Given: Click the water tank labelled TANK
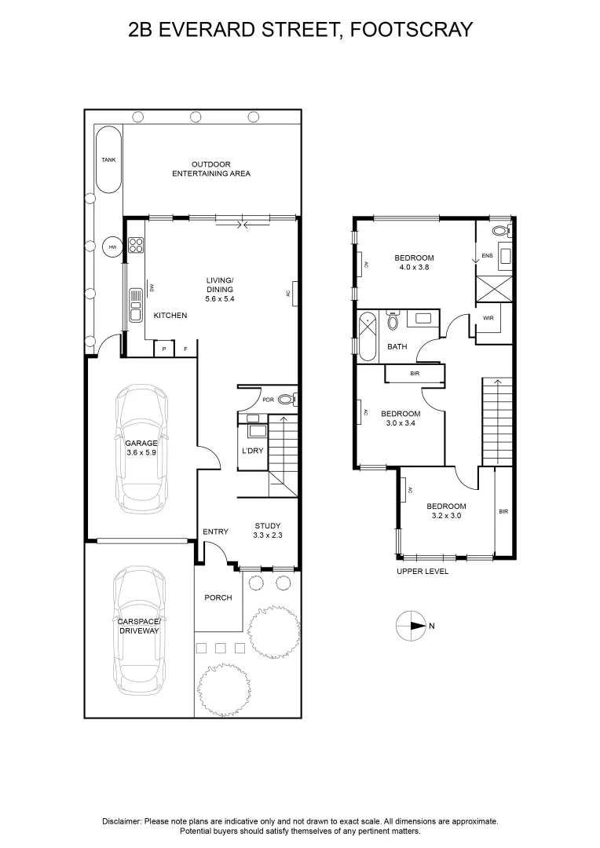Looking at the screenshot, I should [108, 159].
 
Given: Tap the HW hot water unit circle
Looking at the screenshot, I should [112, 247].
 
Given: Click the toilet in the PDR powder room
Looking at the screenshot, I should [286, 399].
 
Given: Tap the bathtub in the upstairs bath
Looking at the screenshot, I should [368, 334].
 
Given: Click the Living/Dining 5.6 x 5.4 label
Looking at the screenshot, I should [220, 289].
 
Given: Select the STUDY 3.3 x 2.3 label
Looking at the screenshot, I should [267, 531].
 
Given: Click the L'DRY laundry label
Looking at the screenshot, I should [252, 451].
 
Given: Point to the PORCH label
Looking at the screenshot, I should [218, 598].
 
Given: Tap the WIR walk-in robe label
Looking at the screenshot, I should [488, 319].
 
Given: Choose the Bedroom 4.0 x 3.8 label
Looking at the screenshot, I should [414, 262].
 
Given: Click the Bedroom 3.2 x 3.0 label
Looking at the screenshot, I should [446, 511].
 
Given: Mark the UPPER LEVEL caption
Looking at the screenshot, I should [423, 572].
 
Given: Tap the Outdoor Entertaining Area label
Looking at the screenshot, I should [211, 169].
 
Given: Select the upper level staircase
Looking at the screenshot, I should [496, 420].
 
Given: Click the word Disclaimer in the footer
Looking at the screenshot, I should [121, 821].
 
